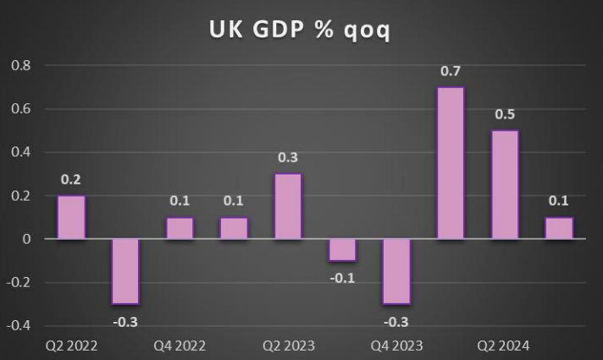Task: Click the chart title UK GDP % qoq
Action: (x=301, y=29)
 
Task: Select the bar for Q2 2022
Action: (x=71, y=218)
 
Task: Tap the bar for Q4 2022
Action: (x=180, y=229)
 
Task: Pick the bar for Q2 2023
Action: (x=288, y=207)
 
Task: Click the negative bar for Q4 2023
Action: (x=396, y=271)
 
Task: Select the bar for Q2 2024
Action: (x=505, y=185)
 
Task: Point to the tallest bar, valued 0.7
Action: (x=451, y=163)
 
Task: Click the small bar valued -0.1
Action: (x=342, y=250)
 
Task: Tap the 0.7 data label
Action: (x=451, y=71)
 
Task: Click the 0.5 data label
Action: (x=505, y=114)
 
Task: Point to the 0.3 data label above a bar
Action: (x=288, y=158)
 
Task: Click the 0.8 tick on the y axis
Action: (x=19, y=65)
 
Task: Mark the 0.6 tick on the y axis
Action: (x=19, y=109)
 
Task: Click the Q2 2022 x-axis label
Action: (x=71, y=346)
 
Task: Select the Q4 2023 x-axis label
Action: (x=396, y=346)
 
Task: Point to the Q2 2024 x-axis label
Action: (x=505, y=346)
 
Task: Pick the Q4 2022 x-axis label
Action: (x=180, y=346)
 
